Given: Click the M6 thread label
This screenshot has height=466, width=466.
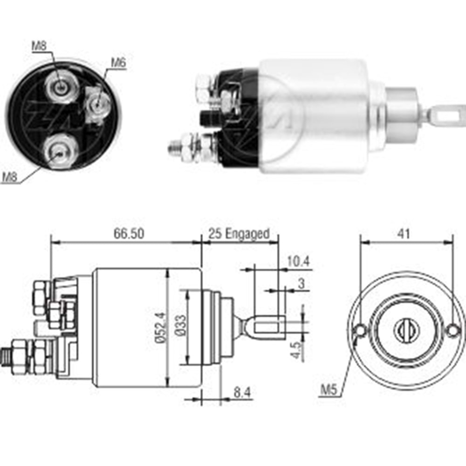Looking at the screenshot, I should [x=118, y=62].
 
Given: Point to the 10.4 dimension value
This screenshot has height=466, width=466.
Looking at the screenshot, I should [x=298, y=261].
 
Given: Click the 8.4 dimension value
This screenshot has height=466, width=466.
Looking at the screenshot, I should [x=242, y=392].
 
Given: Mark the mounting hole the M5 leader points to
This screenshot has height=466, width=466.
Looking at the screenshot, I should [x=360, y=330].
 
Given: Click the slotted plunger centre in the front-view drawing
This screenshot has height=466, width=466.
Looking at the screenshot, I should [x=406, y=330].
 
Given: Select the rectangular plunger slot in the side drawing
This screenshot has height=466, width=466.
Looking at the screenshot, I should [x=268, y=325].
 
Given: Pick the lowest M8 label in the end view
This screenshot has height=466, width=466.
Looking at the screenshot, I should [x=11, y=177].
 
